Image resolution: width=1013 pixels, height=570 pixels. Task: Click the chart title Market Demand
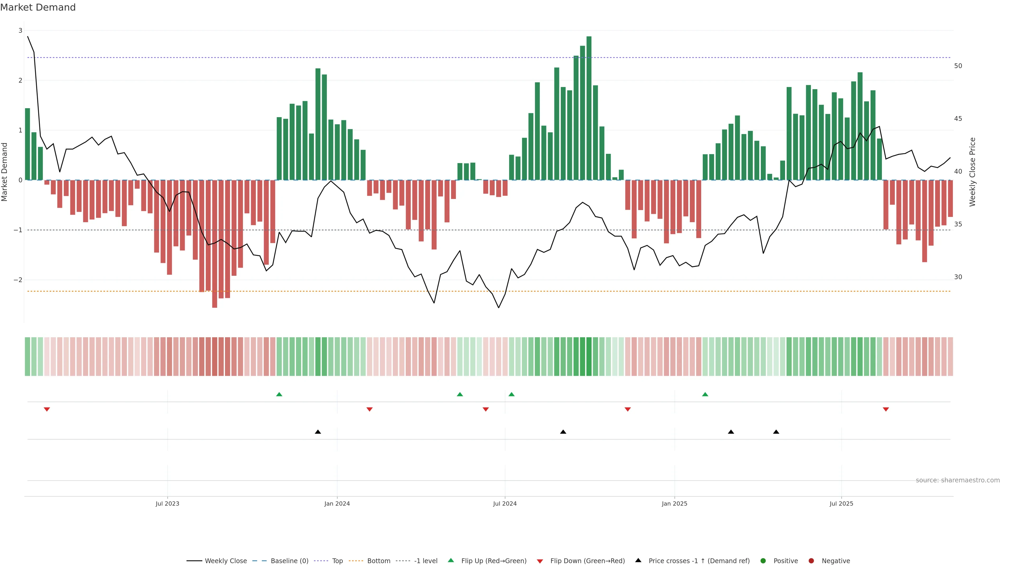point(38,7)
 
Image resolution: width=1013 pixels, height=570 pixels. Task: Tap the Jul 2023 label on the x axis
point(167,503)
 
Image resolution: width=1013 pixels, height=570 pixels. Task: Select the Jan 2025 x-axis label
point(675,503)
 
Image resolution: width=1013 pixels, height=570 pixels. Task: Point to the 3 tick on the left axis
point(20,30)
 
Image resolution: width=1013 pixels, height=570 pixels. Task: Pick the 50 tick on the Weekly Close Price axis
point(958,66)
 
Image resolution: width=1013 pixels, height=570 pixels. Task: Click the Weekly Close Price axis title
point(972,172)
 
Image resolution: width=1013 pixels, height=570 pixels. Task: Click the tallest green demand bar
point(589,108)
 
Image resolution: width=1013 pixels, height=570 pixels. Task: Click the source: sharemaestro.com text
point(958,480)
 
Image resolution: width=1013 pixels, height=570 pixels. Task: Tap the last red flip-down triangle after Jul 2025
point(886,410)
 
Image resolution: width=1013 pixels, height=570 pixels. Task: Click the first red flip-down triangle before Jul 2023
point(47,410)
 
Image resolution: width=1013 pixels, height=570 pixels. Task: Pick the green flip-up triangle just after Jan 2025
point(705,394)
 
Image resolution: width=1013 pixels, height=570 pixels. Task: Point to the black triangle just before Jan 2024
point(318,432)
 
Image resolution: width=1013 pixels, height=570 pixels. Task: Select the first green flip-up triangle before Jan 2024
point(279,394)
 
